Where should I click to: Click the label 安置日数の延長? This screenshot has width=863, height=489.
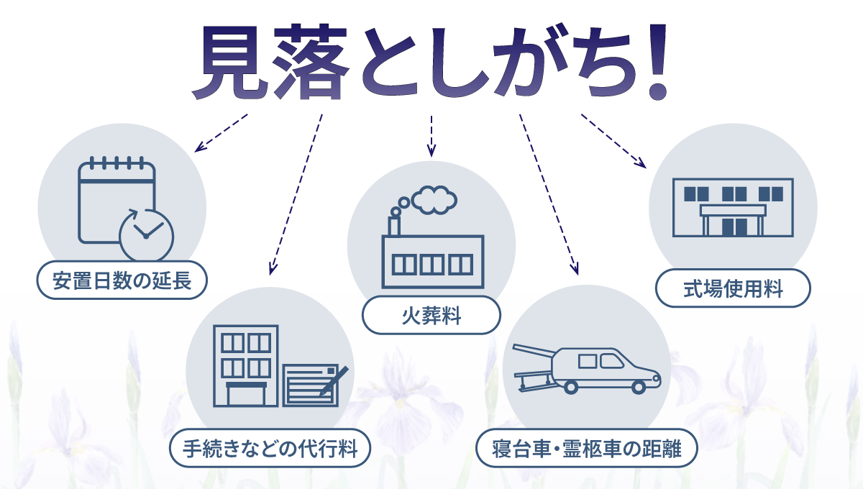(122, 281)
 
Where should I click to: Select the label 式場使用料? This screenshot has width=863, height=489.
(733, 291)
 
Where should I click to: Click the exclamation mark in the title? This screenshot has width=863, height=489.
(656, 65)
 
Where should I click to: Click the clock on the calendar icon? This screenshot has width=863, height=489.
(146, 235)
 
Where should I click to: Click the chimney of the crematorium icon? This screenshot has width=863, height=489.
(394, 225)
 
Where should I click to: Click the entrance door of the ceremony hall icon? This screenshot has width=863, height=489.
(734, 227)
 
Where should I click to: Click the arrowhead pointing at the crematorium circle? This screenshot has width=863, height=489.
(431, 152)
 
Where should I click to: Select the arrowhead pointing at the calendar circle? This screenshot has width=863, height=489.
(199, 149)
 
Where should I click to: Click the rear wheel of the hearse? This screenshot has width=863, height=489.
(571, 387)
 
